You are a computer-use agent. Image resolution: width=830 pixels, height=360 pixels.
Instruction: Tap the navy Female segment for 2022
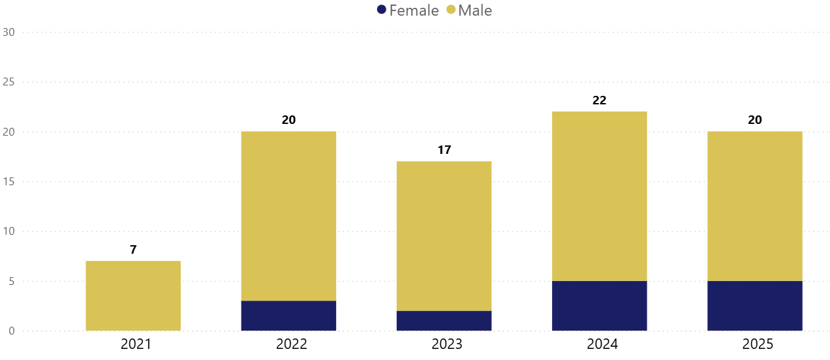click(x=288, y=316)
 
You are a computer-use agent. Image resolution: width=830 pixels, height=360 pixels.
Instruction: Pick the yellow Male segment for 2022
click(x=288, y=216)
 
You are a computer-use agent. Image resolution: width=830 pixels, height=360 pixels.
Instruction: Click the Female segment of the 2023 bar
click(x=444, y=321)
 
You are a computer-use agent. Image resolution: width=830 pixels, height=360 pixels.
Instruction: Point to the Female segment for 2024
click(x=599, y=306)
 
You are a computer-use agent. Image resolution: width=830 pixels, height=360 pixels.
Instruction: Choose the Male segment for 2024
click(x=599, y=196)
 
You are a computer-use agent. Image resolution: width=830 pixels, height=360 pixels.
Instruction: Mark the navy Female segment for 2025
click(x=755, y=306)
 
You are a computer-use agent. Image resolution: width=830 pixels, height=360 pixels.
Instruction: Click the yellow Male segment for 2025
click(x=755, y=206)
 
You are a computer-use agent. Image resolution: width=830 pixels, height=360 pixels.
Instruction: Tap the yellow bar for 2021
click(x=133, y=296)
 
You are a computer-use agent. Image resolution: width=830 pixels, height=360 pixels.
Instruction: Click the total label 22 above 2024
click(x=599, y=100)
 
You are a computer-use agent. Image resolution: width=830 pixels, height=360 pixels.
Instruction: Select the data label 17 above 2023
click(x=444, y=150)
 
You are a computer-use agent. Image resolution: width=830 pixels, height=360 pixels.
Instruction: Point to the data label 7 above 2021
click(x=133, y=250)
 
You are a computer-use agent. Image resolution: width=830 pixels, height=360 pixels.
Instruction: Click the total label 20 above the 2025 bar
click(x=755, y=120)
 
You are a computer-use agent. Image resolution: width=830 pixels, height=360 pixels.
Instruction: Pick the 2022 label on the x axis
click(x=288, y=344)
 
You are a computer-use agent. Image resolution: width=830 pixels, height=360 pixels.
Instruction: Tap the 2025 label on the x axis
click(x=755, y=344)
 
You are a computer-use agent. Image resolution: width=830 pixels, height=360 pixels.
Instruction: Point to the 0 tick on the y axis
click(x=11, y=331)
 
